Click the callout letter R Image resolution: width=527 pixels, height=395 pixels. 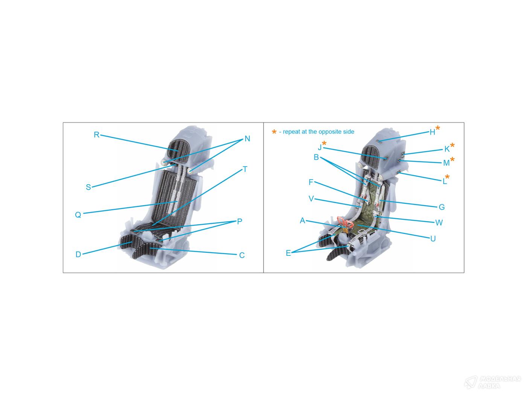pyautogui.click(x=96, y=135)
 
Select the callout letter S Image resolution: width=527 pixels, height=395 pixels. pyautogui.click(x=88, y=187)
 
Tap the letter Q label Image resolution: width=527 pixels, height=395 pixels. pyautogui.click(x=78, y=215)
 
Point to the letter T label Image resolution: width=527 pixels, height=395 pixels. pyautogui.click(x=245, y=169)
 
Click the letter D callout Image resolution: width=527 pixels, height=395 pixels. pyautogui.click(x=78, y=254)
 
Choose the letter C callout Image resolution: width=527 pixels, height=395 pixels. pyautogui.click(x=242, y=255)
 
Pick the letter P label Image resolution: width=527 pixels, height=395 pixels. pyautogui.click(x=239, y=221)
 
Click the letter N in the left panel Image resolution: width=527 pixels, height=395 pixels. pyautogui.click(x=247, y=138)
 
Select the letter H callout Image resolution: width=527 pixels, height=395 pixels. pyautogui.click(x=432, y=132)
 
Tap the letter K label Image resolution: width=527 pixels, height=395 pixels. pyautogui.click(x=447, y=149)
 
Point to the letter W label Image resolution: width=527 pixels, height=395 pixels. pyautogui.click(x=439, y=223)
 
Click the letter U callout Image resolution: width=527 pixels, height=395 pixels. pyautogui.click(x=433, y=239)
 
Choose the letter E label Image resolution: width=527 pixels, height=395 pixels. pyautogui.click(x=288, y=253)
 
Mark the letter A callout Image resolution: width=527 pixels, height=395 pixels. pyautogui.click(x=303, y=220)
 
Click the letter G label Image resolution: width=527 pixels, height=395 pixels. pyautogui.click(x=442, y=207)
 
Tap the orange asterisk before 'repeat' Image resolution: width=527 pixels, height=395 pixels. pyautogui.click(x=274, y=132)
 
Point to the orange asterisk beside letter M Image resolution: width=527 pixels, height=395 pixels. pyautogui.click(x=452, y=159)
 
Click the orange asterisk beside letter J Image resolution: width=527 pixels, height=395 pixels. pyautogui.click(x=324, y=143)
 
